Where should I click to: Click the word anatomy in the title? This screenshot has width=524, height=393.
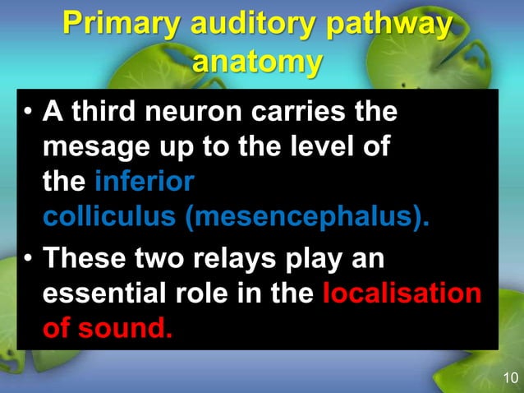[256, 62]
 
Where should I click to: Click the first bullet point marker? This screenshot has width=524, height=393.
[27, 113]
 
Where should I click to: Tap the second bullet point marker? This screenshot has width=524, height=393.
[27, 261]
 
